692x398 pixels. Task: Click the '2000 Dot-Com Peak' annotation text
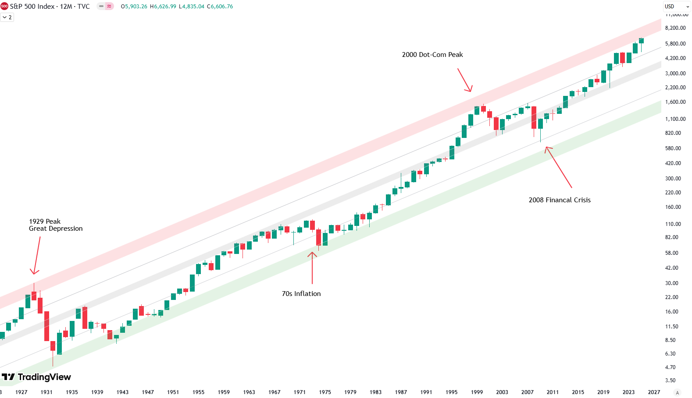coord(432,55)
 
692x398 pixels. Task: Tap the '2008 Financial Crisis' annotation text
coord(559,200)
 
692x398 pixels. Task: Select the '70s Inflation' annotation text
coord(301,294)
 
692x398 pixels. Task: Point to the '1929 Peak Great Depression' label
coord(55,225)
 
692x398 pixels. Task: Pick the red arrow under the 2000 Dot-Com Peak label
coord(464,80)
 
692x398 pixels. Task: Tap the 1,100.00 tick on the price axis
coord(675,119)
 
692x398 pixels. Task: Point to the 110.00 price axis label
coord(673,224)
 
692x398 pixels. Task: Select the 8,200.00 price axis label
coord(675,28)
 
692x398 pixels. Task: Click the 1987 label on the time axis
coord(400,392)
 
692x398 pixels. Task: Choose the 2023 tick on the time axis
coord(628,392)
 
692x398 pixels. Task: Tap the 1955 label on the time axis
coord(198,392)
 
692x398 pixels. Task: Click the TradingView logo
coord(36,377)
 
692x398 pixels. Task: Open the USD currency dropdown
coord(677,7)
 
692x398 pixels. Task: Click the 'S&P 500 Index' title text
coord(32,7)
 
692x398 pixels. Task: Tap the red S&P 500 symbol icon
coord(4,7)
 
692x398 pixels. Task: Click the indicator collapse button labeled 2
coord(7,18)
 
